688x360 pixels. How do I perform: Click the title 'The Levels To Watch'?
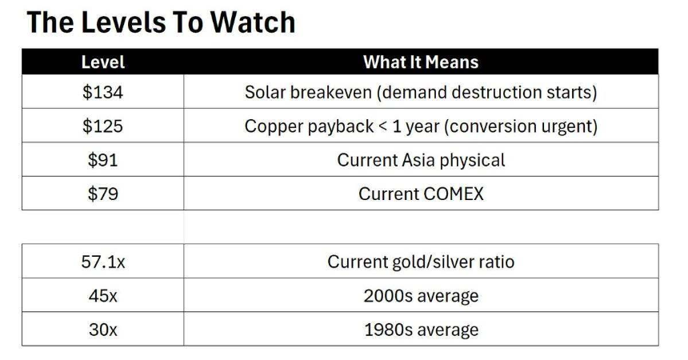coord(161,22)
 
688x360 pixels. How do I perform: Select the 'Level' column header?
coord(103,62)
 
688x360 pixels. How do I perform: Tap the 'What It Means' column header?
coord(421,62)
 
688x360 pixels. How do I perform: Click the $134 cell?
coord(103,92)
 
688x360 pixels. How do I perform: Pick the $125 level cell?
coord(103,126)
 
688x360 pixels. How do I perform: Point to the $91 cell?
coord(103,160)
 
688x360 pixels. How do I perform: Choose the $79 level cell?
coord(103,194)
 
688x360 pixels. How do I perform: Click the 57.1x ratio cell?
coord(103,262)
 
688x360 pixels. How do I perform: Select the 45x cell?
coord(103,295)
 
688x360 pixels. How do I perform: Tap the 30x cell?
coord(103,330)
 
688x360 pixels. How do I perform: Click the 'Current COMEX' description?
coord(421,194)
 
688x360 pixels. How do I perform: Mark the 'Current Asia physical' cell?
coord(421,160)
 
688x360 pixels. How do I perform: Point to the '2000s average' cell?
coord(421,295)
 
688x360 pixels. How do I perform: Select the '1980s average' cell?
coord(421,330)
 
